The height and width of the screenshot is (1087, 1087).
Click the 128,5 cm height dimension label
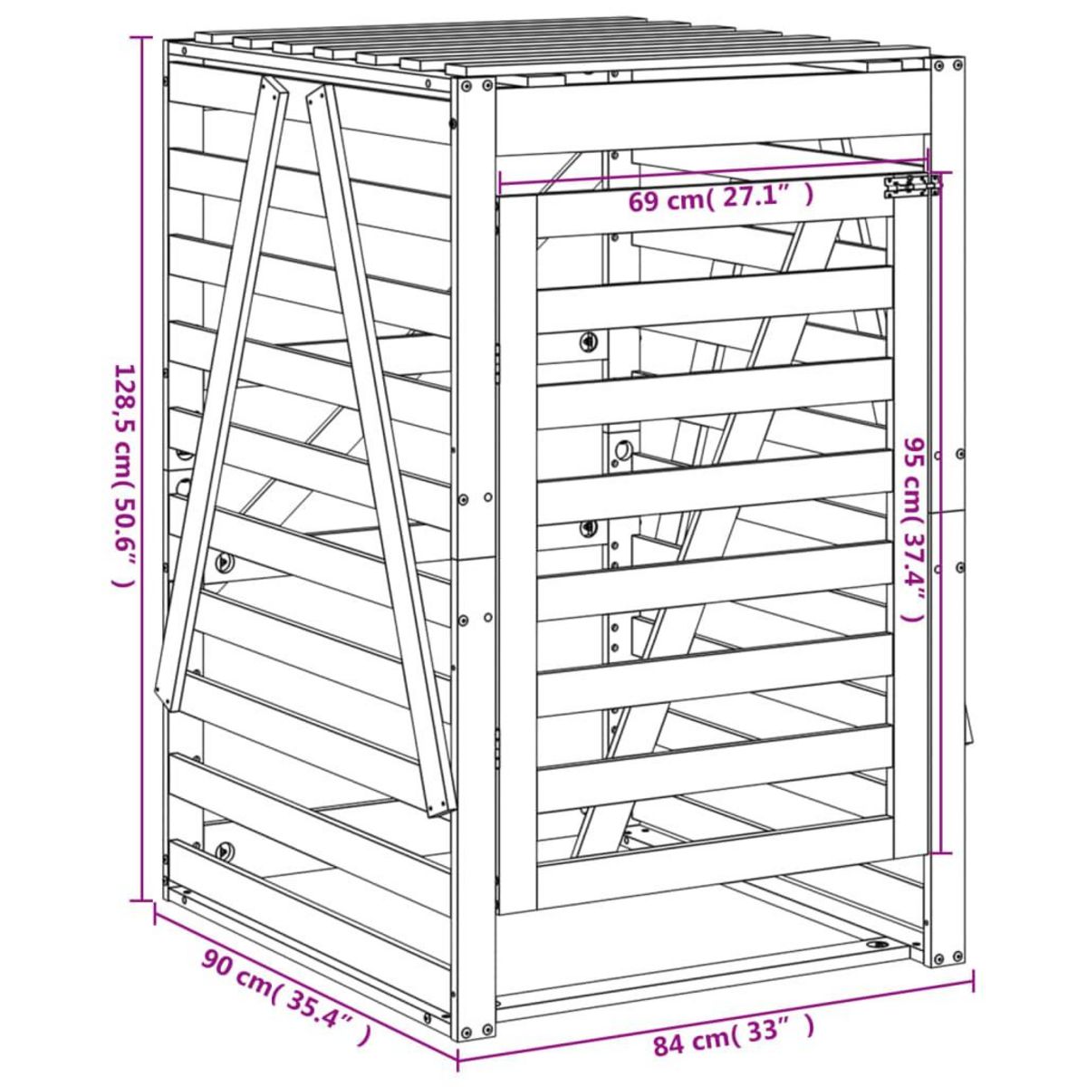pyautogui.click(x=124, y=476)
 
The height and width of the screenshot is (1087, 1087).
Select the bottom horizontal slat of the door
pyautogui.click(x=715, y=865)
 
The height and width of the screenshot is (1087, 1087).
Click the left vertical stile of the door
pyautogui.click(x=518, y=553)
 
